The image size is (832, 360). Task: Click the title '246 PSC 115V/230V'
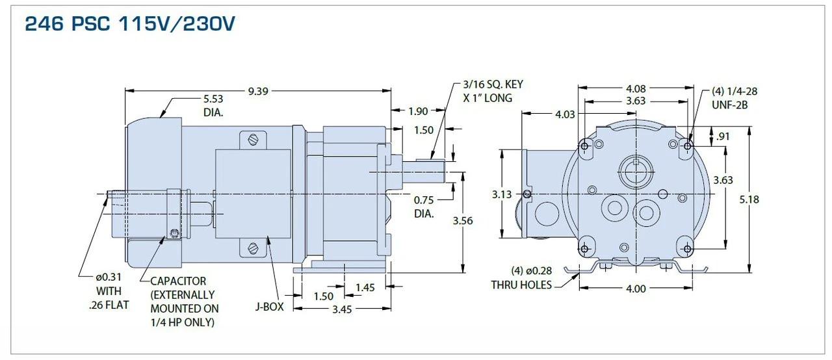(x=130, y=25)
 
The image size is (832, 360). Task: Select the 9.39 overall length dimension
(x=257, y=91)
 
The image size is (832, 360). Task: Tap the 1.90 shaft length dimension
(x=418, y=111)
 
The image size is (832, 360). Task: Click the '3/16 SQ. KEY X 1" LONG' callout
(x=493, y=91)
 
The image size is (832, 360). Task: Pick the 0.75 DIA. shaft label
(x=424, y=207)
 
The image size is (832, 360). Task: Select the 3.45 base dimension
(x=341, y=309)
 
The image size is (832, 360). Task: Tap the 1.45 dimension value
(x=365, y=287)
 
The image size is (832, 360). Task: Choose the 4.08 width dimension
(x=636, y=88)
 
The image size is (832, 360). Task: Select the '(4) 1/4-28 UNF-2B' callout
(x=734, y=97)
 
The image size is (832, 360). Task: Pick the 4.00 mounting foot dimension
(x=636, y=289)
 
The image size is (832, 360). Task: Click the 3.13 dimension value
(x=502, y=194)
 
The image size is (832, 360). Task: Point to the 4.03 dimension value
(x=565, y=114)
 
